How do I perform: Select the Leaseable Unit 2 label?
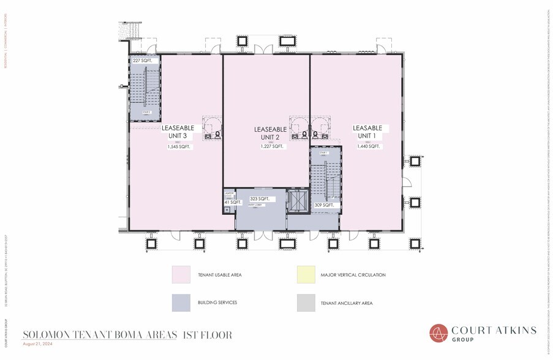click(270, 133)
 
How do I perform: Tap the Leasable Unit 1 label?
click(367, 131)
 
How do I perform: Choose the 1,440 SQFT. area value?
click(367, 146)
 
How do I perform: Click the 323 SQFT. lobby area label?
click(260, 199)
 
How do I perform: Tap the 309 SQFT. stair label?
click(323, 205)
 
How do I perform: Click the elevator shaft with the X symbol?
click(298, 201)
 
